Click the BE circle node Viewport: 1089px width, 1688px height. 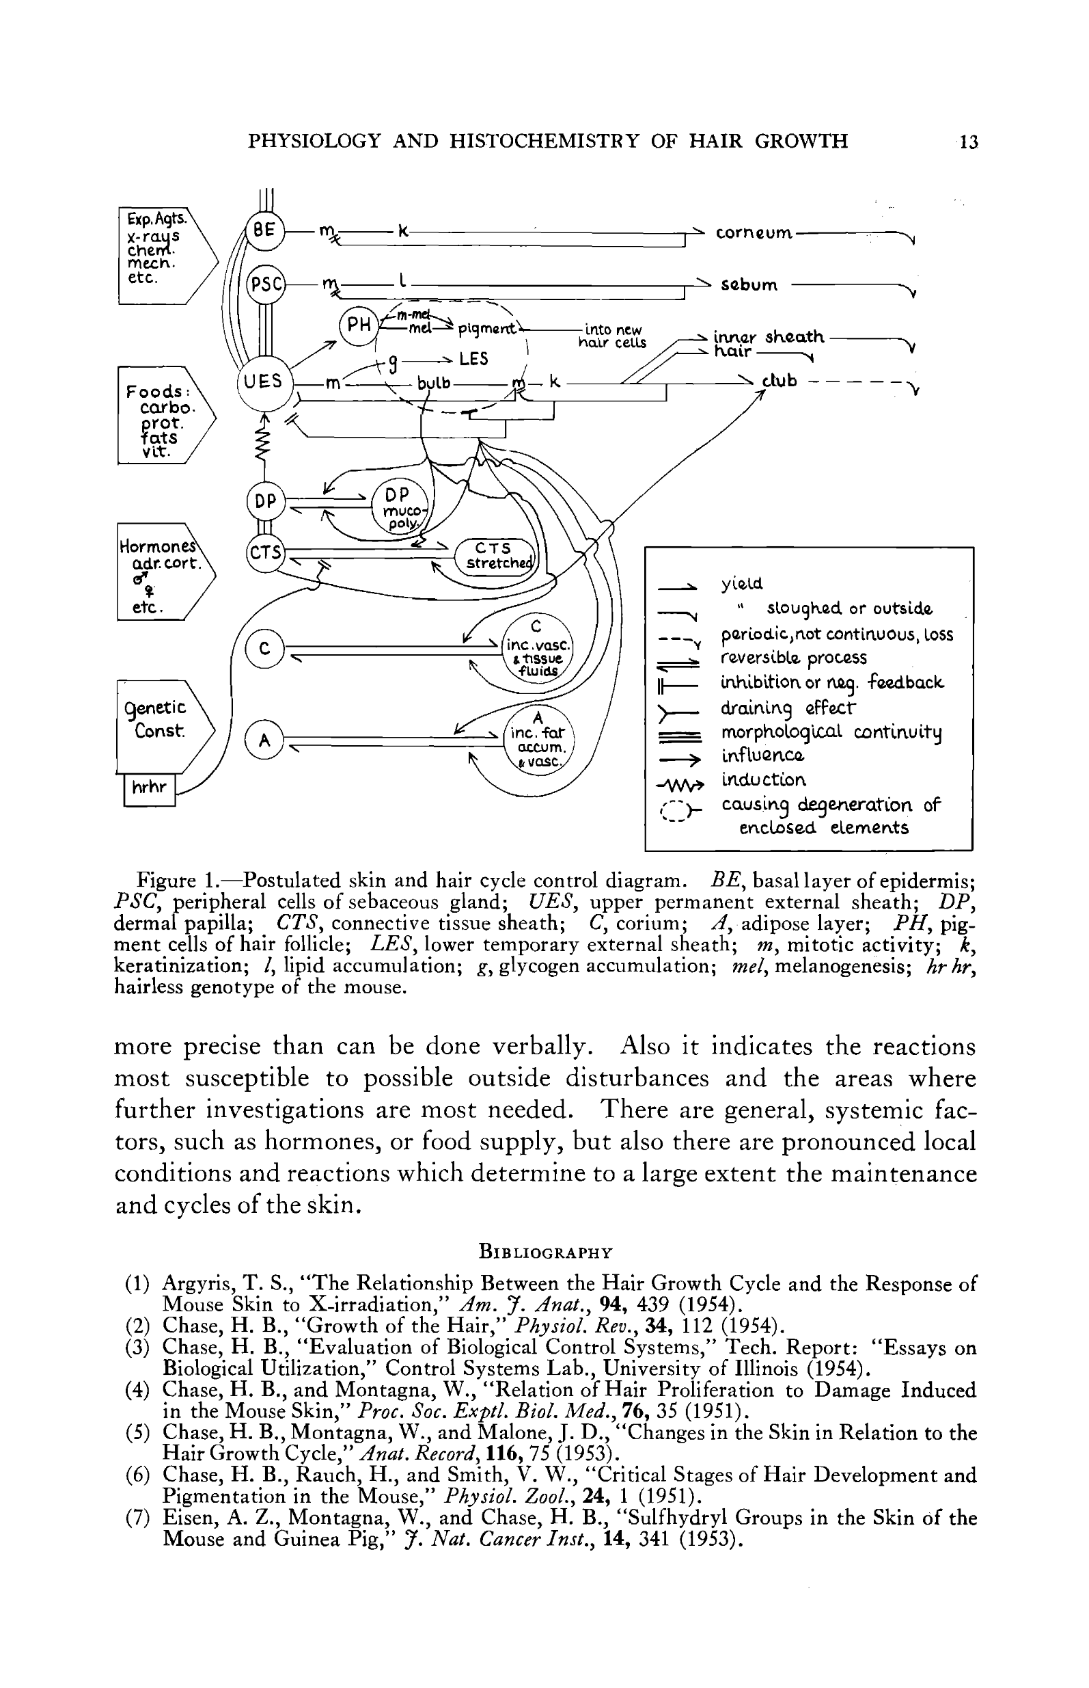[x=264, y=230]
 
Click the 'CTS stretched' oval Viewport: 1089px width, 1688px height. [x=495, y=555]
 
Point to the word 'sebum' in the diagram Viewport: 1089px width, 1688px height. [x=749, y=285]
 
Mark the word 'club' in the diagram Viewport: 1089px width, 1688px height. [x=780, y=381]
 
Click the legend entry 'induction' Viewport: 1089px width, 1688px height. [x=763, y=779]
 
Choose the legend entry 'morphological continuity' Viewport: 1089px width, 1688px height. [x=831, y=732]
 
